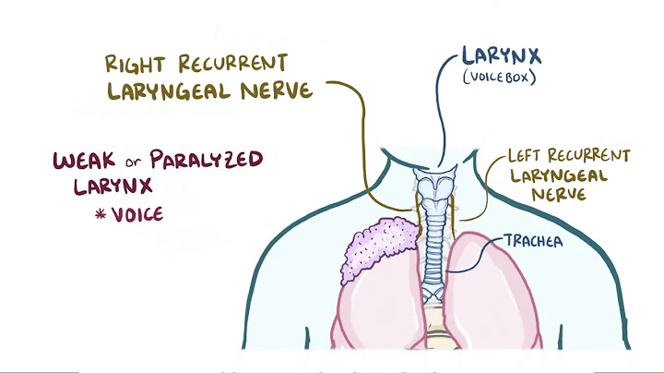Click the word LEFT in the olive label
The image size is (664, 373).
[525, 156]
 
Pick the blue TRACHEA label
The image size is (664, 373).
[534, 242]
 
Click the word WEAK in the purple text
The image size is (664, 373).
[84, 160]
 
